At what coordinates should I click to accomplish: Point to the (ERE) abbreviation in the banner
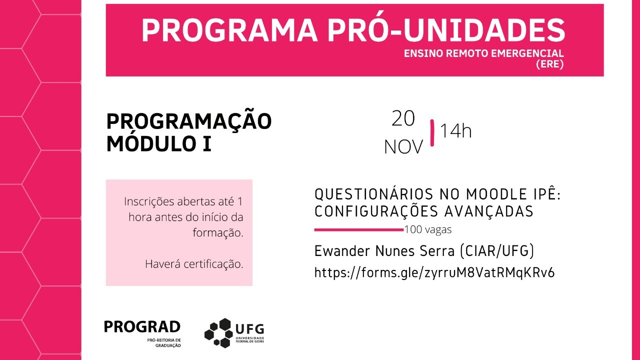pyautogui.click(x=549, y=64)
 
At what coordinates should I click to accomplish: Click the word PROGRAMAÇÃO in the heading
pyautogui.click(x=189, y=121)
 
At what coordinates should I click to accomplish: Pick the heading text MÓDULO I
pyautogui.click(x=158, y=144)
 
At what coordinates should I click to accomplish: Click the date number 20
pyautogui.click(x=403, y=118)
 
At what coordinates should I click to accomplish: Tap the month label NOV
pyautogui.click(x=403, y=147)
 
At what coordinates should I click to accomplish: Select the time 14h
pyautogui.click(x=455, y=131)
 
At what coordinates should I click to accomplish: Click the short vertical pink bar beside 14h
pyautogui.click(x=432, y=132)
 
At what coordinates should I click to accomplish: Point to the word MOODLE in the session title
pyautogui.click(x=492, y=194)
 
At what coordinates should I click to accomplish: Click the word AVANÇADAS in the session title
pyautogui.click(x=488, y=211)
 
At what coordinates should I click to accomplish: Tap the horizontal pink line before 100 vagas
pyautogui.click(x=358, y=230)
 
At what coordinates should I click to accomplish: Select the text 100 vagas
pyautogui.click(x=428, y=230)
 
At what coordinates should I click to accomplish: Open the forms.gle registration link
pyautogui.click(x=434, y=272)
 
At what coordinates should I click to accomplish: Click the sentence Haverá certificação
pyautogui.click(x=194, y=264)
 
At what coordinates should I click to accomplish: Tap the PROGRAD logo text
pyautogui.click(x=142, y=327)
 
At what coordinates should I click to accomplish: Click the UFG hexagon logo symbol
pyautogui.click(x=218, y=332)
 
